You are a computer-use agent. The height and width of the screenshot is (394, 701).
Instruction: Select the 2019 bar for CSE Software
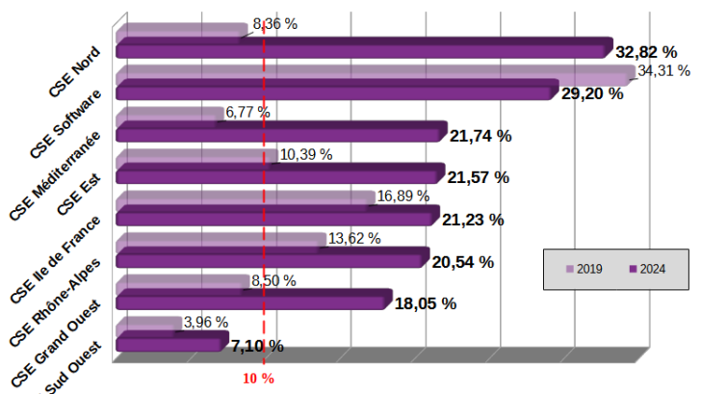376,76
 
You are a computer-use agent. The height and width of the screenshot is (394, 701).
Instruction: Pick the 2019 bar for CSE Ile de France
246,198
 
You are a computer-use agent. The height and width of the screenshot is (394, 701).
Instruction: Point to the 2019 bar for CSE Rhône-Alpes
221,240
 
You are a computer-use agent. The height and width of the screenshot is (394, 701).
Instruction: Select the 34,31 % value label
663,70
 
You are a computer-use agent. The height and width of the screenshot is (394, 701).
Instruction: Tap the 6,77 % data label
247,113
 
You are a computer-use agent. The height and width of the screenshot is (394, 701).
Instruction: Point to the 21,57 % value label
479,177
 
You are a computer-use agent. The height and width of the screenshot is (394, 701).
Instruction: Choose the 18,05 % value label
425,303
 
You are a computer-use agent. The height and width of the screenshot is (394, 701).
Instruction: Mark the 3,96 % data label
205,323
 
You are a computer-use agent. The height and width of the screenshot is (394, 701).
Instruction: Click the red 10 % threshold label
258,379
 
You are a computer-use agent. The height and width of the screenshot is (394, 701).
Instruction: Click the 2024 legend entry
645,269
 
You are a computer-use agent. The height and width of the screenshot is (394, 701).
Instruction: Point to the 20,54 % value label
463,262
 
